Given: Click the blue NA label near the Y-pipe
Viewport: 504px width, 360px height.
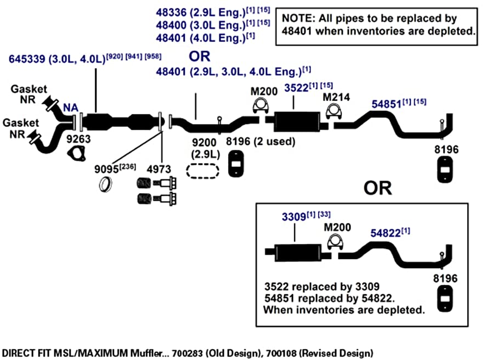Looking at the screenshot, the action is [71, 108].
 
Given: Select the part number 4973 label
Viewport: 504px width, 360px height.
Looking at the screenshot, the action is [159, 169].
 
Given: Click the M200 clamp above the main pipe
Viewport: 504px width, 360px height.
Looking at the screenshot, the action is [261, 105].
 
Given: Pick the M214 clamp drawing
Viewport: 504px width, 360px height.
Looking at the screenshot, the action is [333, 111].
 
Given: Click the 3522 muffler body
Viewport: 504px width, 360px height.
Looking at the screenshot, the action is [297, 122].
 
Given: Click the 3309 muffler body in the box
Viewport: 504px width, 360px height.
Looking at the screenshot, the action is [298, 252].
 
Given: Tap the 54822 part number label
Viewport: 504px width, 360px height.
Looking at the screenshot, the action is [386, 233].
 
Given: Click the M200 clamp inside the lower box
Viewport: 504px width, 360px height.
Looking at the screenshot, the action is [335, 242].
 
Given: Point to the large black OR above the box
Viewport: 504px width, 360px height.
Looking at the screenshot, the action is [378, 188].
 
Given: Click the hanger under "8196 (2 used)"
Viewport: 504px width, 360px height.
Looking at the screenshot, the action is [236, 164].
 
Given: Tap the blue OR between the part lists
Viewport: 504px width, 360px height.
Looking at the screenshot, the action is [199, 57].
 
